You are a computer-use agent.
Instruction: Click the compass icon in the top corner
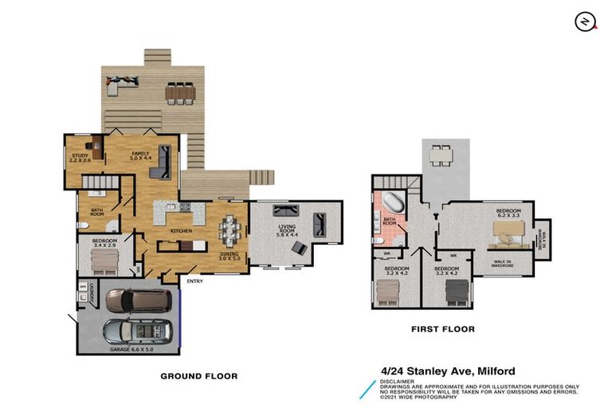pos(586,22)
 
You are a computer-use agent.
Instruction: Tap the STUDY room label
pos(79,158)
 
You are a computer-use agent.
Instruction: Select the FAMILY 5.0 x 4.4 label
pos(140,155)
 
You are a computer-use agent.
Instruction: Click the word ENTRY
pos(194,280)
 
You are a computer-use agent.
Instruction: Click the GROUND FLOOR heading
pos(199,375)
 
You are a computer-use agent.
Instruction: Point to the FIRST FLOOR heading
pos(442,328)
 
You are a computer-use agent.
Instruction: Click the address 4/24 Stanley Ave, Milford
pos(448,371)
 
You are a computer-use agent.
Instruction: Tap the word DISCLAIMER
pos(398,381)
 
